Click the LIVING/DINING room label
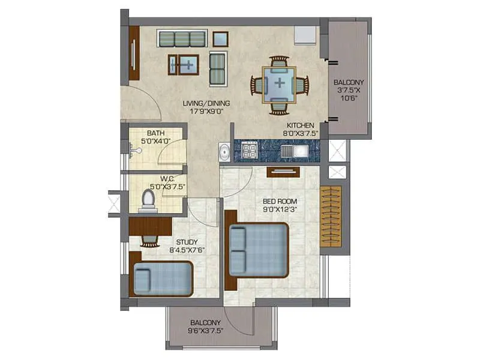point(206,103)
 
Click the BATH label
point(155,133)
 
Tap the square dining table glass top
point(278,84)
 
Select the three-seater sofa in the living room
point(182,38)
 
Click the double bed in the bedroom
point(258,249)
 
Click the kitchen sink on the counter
point(293,151)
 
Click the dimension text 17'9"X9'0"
point(206,110)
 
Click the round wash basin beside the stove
point(224,152)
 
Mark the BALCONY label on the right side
point(349,83)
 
